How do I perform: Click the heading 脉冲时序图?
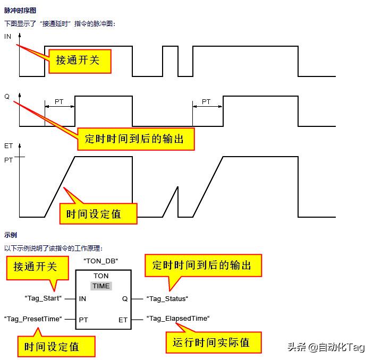20,10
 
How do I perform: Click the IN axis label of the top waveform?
8,37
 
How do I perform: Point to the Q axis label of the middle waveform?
7,97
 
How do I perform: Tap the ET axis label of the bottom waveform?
8,145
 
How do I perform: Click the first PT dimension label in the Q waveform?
59,101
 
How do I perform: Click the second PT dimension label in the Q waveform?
206,101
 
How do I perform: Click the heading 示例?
11,235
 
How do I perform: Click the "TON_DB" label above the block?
100,261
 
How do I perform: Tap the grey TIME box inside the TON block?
101,286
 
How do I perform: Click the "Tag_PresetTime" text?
33,319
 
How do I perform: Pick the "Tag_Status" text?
167,298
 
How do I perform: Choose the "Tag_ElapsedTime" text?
178,319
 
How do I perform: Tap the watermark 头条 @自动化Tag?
326,347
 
